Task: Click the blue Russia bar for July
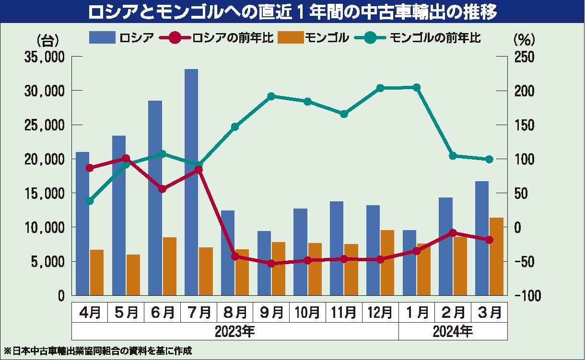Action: [191, 182]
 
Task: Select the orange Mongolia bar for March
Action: [497, 256]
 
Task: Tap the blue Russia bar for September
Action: [264, 263]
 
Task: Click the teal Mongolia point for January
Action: [416, 87]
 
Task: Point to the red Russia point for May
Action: [126, 158]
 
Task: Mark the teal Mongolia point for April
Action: [90, 201]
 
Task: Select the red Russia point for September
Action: [271, 264]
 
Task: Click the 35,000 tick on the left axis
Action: [44, 57]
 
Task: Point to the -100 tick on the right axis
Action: [526, 296]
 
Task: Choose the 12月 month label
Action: [380, 313]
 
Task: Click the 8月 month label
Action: [235, 313]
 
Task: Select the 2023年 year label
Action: [235, 331]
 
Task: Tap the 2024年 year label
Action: [453, 331]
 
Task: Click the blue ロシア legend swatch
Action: [102, 37]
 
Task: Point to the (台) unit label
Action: [47, 39]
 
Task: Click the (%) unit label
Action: [524, 39]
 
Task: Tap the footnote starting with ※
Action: [98, 350]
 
